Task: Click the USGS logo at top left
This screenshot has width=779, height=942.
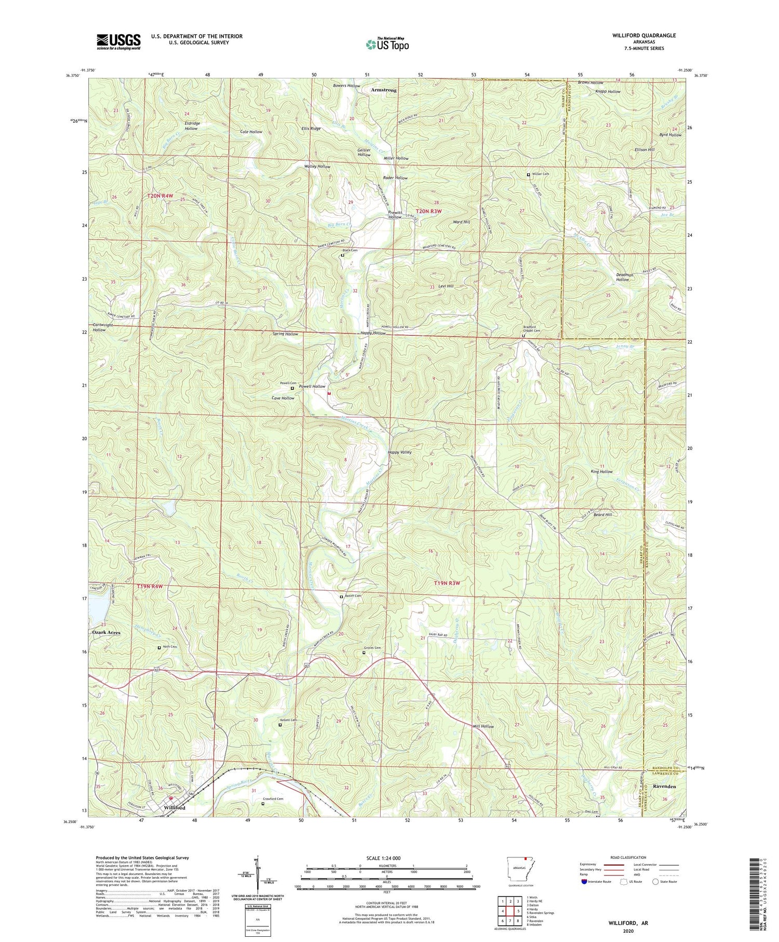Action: coord(118,42)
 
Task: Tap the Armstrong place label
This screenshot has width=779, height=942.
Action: coord(384,90)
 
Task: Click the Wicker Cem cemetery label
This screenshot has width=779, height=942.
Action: coord(540,174)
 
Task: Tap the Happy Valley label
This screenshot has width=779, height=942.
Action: coord(399,452)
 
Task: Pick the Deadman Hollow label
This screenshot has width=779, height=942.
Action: coord(622,277)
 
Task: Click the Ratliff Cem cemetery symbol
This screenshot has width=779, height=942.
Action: coord(341,597)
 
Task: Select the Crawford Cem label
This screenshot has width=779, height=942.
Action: coord(273,799)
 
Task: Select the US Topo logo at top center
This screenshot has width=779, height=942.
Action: coord(387,44)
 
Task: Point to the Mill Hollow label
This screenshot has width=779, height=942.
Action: coord(483,726)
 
